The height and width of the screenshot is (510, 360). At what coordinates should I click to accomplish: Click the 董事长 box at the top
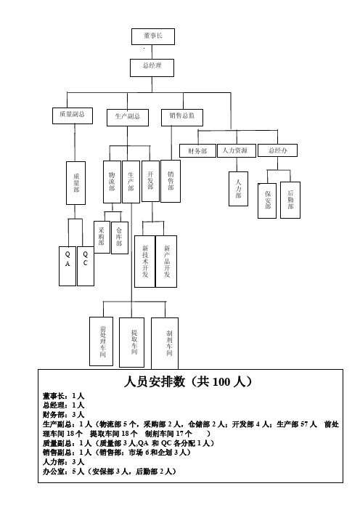153,36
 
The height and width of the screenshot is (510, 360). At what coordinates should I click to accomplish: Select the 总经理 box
152,68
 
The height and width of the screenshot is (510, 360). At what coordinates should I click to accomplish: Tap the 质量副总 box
73,116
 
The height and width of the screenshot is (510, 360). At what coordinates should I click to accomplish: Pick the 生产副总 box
128,118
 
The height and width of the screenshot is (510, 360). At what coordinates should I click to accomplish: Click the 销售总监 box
182,118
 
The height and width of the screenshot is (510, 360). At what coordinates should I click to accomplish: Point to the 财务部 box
197,150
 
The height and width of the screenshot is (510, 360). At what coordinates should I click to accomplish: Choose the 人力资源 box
236,150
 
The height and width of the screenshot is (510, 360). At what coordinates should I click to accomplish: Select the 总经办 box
277,150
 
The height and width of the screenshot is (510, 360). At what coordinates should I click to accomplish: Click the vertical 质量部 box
75,183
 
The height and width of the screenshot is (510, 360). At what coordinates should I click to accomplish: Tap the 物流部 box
112,182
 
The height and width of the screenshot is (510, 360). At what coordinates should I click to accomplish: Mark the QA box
67,266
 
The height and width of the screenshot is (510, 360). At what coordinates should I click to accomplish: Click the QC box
86,266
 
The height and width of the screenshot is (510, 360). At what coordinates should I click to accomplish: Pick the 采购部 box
102,237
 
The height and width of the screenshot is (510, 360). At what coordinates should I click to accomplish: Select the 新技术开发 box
145,262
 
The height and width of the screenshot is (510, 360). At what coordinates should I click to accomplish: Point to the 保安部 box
267,201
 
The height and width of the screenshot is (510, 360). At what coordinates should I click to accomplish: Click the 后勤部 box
290,200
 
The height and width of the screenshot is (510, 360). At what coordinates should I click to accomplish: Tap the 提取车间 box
131,342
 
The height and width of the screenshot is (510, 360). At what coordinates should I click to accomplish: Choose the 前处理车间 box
102,341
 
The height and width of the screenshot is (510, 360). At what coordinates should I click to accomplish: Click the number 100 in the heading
221,382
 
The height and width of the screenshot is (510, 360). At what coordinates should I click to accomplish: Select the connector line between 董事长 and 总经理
152,52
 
